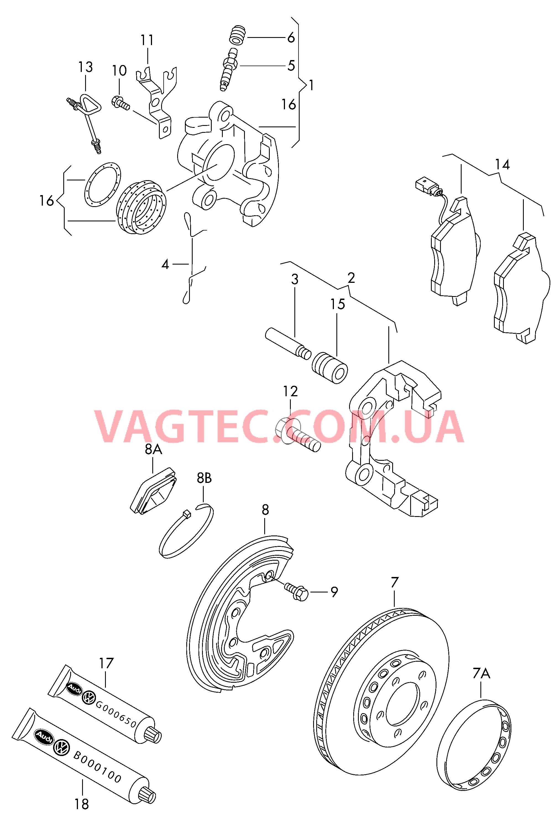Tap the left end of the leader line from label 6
coord(247,38)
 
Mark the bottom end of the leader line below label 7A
coord(481,698)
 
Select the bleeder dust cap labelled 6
coord(237,35)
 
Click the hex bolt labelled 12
coord(297,434)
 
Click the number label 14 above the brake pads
coord(502,164)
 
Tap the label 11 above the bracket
coord(147,40)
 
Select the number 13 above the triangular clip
coord(85,67)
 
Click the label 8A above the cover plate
coord(153,449)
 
